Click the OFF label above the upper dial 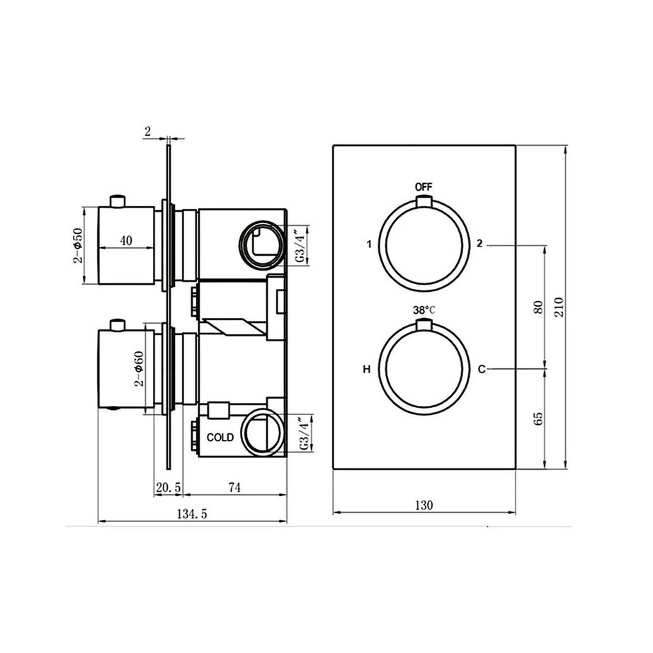[423, 187]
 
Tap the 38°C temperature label [424, 310]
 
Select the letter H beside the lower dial [366, 369]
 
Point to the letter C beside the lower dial [481, 369]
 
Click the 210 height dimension [558, 307]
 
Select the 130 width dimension [424, 505]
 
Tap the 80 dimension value [538, 307]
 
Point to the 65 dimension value [538, 419]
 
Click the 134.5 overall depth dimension [191, 514]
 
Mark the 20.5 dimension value [169, 487]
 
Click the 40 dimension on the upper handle [126, 240]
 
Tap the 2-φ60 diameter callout [140, 369]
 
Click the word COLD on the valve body [220, 438]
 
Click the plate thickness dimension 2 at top [147, 131]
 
